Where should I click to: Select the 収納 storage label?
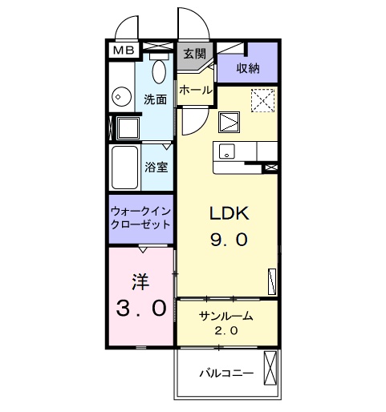(x=248, y=69)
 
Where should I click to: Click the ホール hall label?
(x=196, y=91)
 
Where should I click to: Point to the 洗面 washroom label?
(x=155, y=99)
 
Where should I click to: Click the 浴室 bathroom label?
(x=156, y=168)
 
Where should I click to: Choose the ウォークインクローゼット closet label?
(x=141, y=218)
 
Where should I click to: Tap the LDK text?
(x=230, y=214)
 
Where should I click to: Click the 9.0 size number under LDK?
(x=231, y=239)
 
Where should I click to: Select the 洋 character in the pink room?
(x=141, y=281)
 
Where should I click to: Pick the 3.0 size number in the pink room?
(x=141, y=307)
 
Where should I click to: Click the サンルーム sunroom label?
(x=226, y=316)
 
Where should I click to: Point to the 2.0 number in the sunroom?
(x=226, y=330)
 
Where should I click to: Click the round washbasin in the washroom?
(x=121, y=97)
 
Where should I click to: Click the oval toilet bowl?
(x=158, y=72)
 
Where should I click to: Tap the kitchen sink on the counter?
(x=226, y=150)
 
